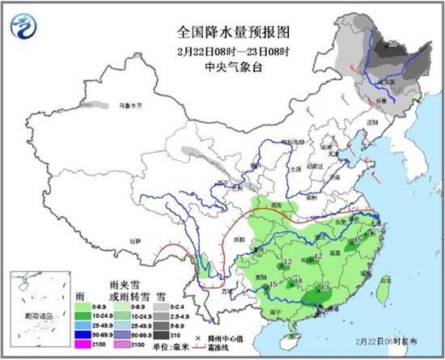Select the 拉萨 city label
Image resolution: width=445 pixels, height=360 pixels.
[137, 240]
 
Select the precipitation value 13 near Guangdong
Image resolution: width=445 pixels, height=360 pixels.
[324, 288]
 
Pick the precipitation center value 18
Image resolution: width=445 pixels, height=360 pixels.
[298, 281]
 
